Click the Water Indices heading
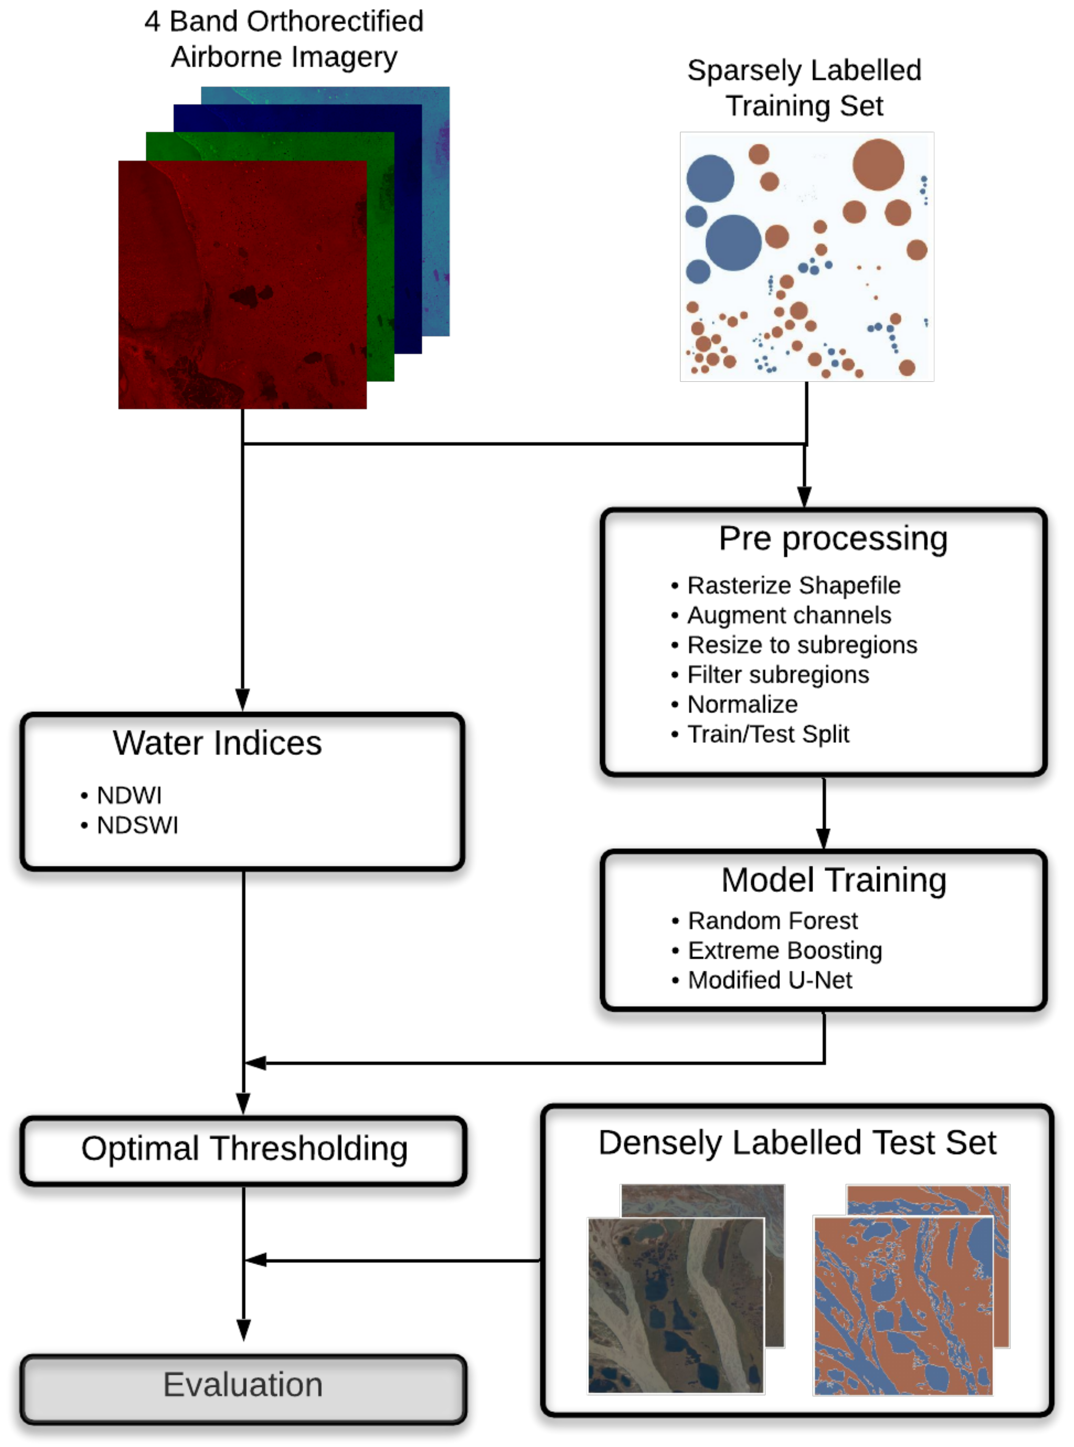(217, 743)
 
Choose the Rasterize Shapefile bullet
(793, 585)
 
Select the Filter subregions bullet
(777, 674)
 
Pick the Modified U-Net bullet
(770, 980)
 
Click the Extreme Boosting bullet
(785, 950)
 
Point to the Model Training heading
(834, 880)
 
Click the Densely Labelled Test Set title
(797, 1143)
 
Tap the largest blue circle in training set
(733, 242)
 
